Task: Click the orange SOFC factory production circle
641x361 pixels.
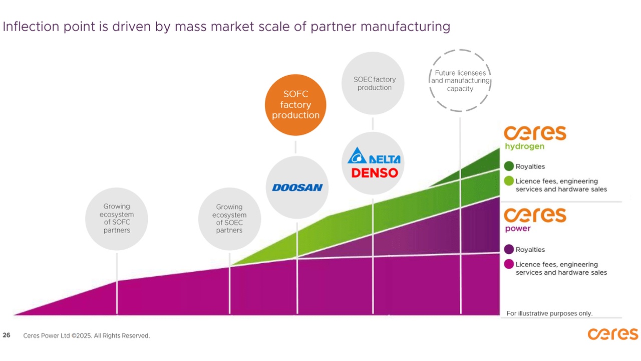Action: [x=295, y=105]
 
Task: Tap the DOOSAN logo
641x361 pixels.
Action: [x=297, y=188]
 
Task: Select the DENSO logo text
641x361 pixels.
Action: [x=374, y=173]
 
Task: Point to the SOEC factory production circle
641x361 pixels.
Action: [x=373, y=83]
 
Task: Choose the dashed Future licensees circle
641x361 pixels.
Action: [x=460, y=81]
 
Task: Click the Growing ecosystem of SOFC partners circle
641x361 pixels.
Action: [x=117, y=219]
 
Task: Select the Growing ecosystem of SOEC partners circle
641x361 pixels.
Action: [x=229, y=219]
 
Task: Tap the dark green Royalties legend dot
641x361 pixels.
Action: [x=509, y=166]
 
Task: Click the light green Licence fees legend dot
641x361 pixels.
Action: [x=509, y=181]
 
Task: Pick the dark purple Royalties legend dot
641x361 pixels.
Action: [x=509, y=250]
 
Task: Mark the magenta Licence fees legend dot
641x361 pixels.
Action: [x=509, y=264]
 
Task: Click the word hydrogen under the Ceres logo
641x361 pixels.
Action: [x=524, y=146]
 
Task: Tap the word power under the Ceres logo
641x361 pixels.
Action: [x=518, y=229]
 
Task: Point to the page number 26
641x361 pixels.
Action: [x=7, y=335]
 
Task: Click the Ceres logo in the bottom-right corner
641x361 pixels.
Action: [x=612, y=334]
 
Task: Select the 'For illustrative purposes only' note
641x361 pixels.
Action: [x=549, y=313]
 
